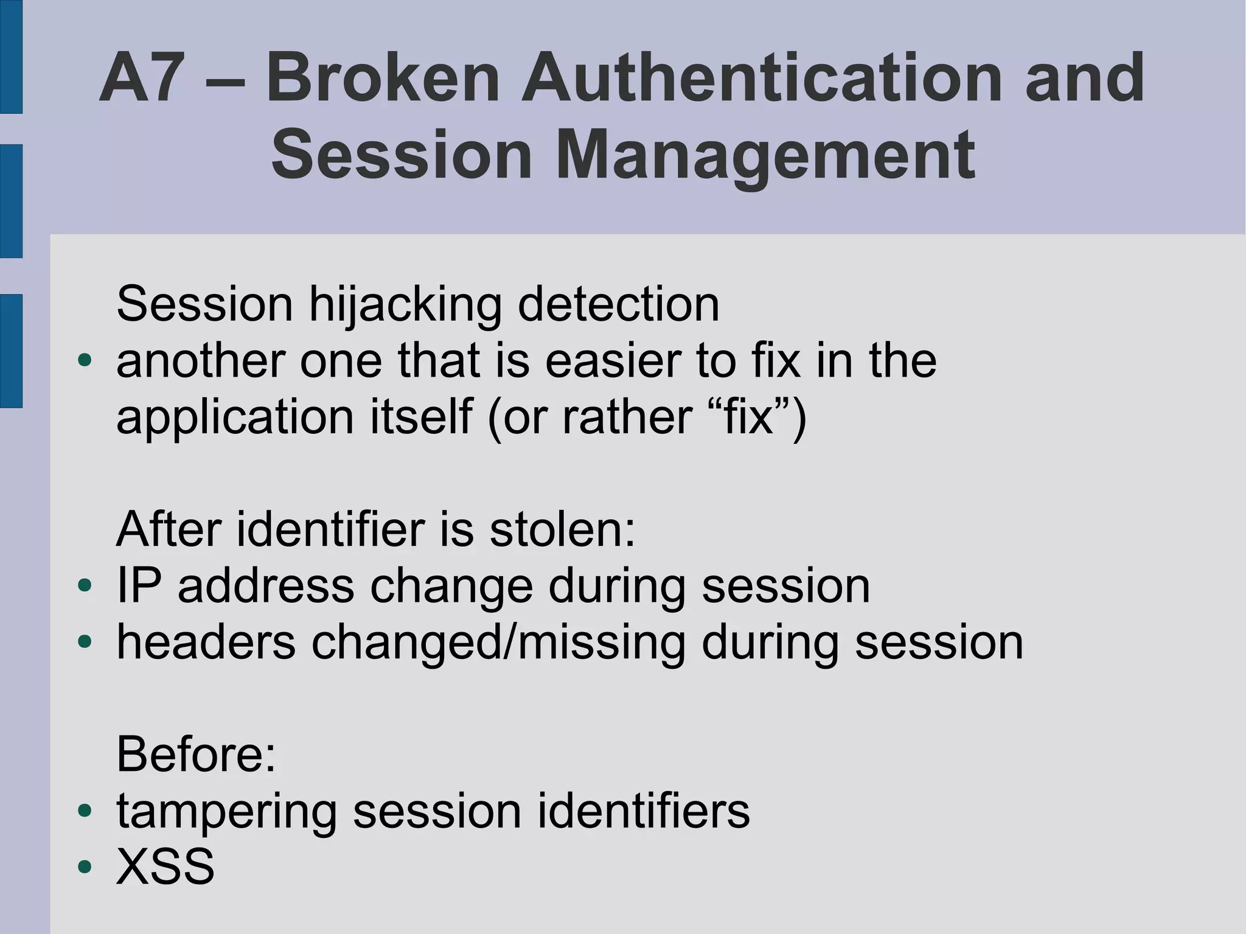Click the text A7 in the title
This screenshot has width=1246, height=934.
(142, 78)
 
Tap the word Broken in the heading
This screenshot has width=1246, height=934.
(383, 78)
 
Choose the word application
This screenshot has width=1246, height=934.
(235, 419)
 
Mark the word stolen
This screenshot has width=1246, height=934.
(562, 529)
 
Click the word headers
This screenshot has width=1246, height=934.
(206, 643)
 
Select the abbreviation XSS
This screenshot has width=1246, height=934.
(165, 866)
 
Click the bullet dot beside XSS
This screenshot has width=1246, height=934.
(85, 866)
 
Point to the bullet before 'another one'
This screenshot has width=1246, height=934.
(85, 361)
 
